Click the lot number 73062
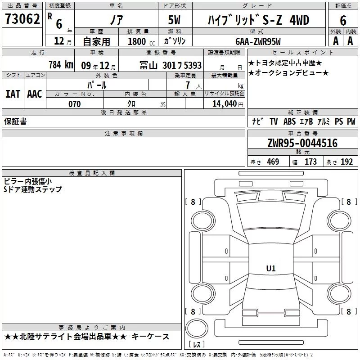(x=22, y=19)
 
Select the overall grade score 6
(x=343, y=21)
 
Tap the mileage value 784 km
(x=61, y=65)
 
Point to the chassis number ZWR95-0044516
(x=302, y=143)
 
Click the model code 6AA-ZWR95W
(x=258, y=41)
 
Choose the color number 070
(x=75, y=104)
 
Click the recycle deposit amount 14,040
(x=225, y=104)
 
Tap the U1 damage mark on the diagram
(x=271, y=268)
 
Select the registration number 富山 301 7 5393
(x=171, y=65)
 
